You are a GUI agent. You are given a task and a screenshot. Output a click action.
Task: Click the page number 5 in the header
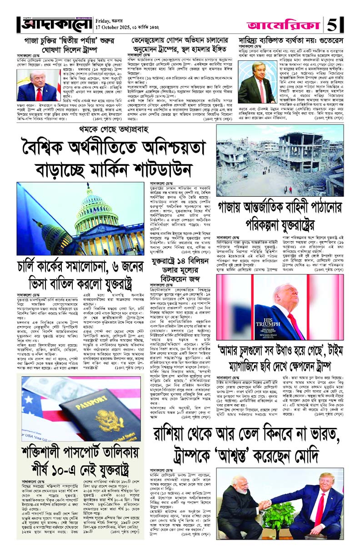pyautogui.click(x=341, y=24)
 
